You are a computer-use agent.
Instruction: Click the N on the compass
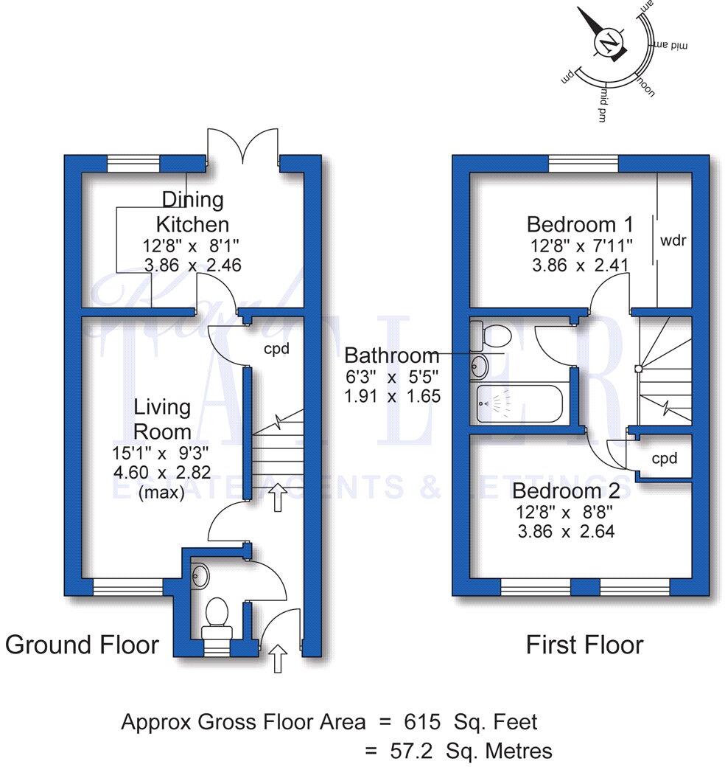609,44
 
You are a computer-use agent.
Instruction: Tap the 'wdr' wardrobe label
674,240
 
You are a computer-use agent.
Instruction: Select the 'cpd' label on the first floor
664,459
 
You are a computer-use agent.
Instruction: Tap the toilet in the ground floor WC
216,615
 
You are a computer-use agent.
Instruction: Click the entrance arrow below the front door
278,657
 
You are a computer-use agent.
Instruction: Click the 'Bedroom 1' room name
571,224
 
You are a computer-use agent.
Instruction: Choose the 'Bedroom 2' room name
571,491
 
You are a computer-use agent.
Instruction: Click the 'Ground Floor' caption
82,645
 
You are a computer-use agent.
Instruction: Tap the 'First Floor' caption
584,645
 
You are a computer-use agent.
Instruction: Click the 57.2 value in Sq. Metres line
412,751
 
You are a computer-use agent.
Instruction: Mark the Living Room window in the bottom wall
127,587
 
